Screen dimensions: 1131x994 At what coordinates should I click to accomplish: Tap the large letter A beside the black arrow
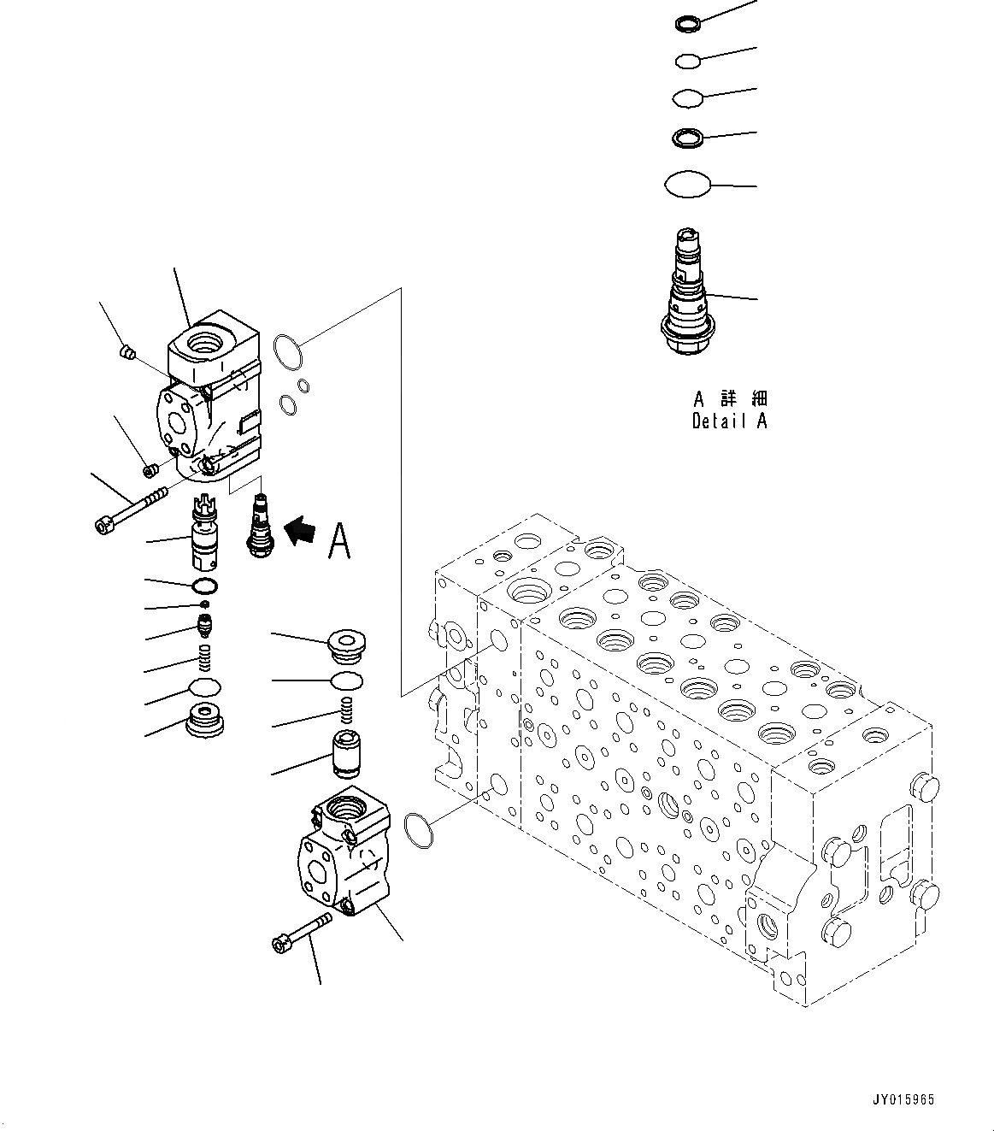click(339, 540)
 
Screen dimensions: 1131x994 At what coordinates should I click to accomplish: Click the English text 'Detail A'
click(729, 421)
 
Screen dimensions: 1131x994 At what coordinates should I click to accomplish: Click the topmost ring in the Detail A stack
click(687, 24)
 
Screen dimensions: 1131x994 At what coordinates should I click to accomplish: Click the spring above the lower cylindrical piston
click(346, 710)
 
